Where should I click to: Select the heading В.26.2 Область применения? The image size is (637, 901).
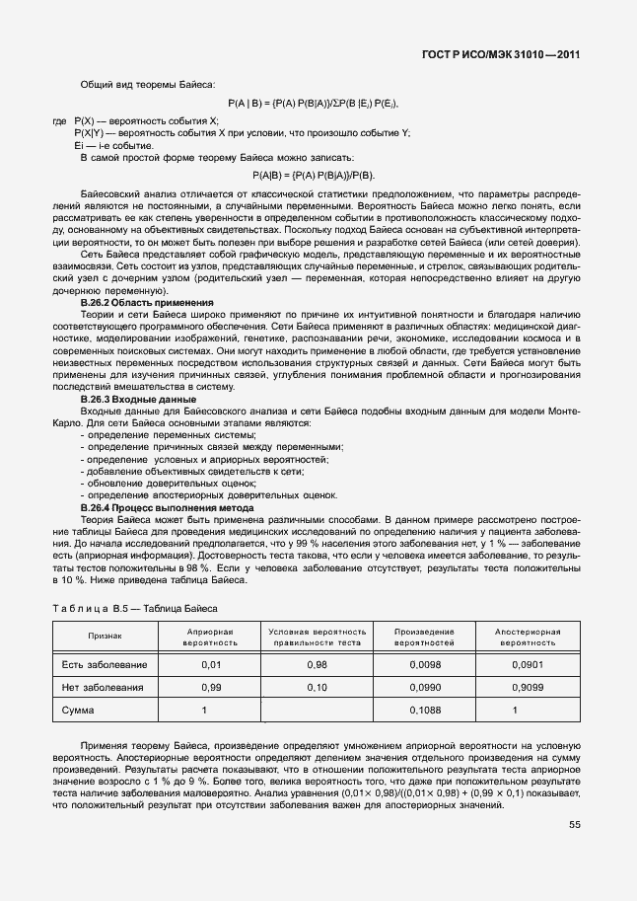coord(147,303)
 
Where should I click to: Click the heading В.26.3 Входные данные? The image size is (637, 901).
coord(138,399)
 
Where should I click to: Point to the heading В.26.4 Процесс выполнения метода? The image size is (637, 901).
coord(167,507)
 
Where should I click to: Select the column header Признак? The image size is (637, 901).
coord(105,637)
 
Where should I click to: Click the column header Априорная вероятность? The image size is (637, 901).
coord(210,637)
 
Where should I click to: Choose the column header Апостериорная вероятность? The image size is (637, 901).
coord(528,637)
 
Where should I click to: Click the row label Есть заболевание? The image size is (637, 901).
coord(105,664)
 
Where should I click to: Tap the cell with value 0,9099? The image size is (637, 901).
coord(528,687)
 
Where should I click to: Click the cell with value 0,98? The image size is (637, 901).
coord(317,664)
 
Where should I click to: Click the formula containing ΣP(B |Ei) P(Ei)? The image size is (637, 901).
coord(313,103)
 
